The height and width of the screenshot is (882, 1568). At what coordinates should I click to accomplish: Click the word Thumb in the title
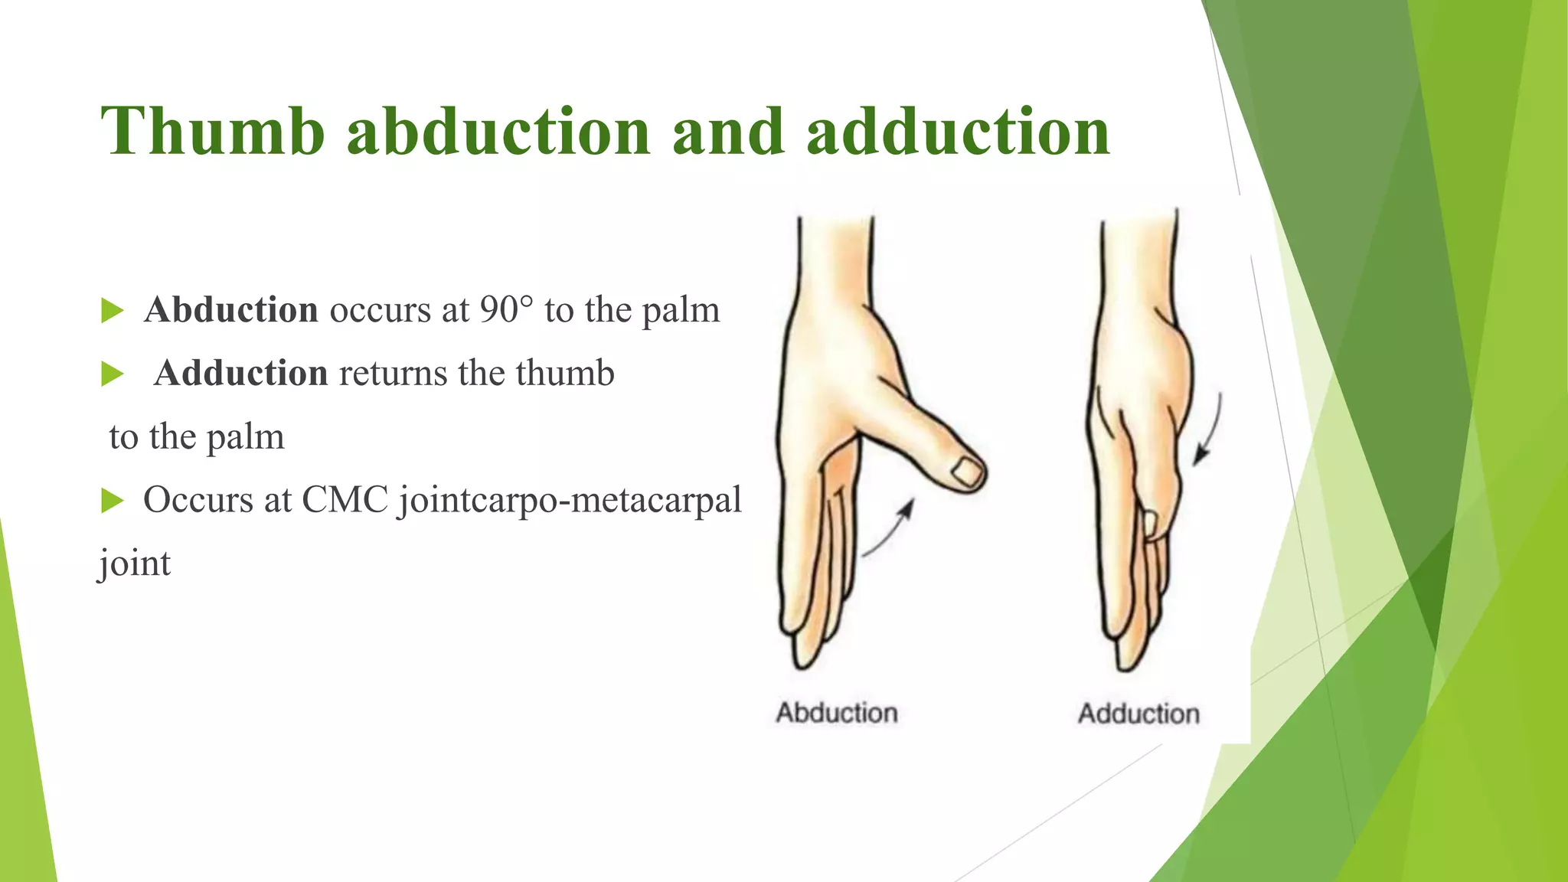pos(213,131)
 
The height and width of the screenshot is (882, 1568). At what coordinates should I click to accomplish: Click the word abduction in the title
pos(498,131)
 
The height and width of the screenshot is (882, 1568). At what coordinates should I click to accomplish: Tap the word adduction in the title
pos(957,131)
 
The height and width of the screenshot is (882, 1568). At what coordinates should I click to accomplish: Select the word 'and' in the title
pos(727,131)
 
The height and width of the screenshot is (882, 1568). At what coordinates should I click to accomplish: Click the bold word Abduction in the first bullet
pos(231,310)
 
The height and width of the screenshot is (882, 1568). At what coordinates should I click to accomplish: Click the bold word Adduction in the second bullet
pos(240,374)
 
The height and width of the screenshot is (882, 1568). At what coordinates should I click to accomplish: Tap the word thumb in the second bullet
pos(565,374)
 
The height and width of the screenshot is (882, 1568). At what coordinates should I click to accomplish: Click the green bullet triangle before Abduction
pos(113,311)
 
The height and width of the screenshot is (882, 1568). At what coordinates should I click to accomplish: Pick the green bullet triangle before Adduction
pos(113,374)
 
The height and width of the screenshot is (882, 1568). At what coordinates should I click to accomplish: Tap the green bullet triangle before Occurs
pos(113,501)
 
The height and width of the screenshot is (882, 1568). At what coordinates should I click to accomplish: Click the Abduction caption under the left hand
pos(837,713)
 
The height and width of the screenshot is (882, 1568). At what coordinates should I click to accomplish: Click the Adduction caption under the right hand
pos(1138,714)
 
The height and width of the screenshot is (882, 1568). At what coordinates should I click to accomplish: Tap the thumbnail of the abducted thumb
pos(967,472)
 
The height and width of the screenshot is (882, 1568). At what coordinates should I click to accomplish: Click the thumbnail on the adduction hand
pos(1150,523)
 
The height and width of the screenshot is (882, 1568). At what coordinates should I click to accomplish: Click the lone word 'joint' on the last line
pos(135,564)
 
